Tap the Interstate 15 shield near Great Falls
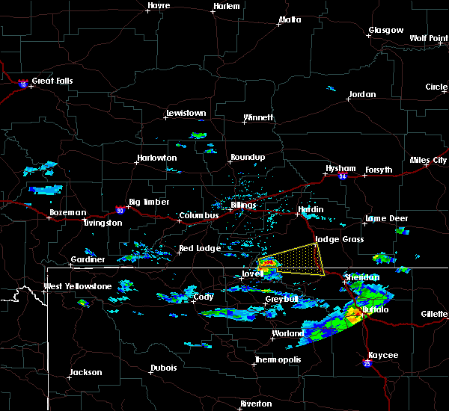tap(23, 83)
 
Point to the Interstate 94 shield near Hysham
tap(342, 176)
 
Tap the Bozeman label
tap(67, 212)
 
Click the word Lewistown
tap(186, 114)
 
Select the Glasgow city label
tap(385, 31)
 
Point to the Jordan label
tap(362, 94)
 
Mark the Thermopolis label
tap(276, 359)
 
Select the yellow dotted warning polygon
tap(299, 259)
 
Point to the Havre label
tap(159, 6)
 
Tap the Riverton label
tap(256, 404)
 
